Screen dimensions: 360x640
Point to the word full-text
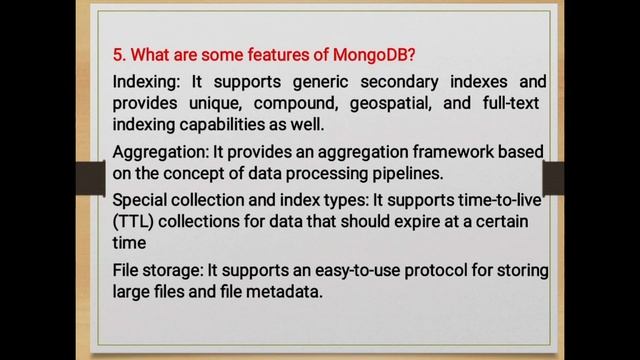click(511, 103)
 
